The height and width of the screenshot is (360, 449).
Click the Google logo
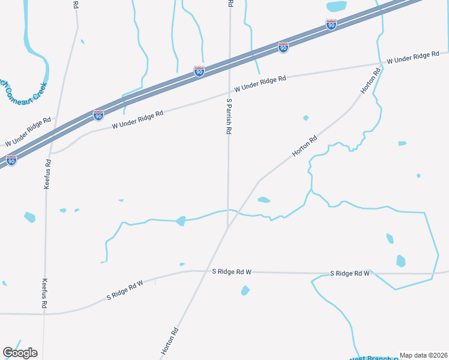[x=20, y=353]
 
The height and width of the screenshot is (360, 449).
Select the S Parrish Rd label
[x=229, y=116]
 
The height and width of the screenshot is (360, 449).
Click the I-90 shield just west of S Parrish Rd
[x=199, y=71]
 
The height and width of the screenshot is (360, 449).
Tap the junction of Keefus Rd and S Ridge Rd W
[x=45, y=313]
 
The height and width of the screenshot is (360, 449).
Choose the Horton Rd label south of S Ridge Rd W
[x=170, y=340]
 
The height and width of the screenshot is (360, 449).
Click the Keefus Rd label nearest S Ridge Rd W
[x=44, y=293]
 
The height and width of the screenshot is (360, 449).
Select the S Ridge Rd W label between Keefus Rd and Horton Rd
[x=125, y=289]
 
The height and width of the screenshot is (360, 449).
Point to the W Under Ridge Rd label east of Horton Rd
[x=413, y=58]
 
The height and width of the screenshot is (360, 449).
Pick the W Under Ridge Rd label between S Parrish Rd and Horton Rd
[x=260, y=83]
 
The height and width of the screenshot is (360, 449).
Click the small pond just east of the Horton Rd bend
[x=264, y=200]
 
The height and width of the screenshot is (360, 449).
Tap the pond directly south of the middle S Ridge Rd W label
[x=245, y=290]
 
